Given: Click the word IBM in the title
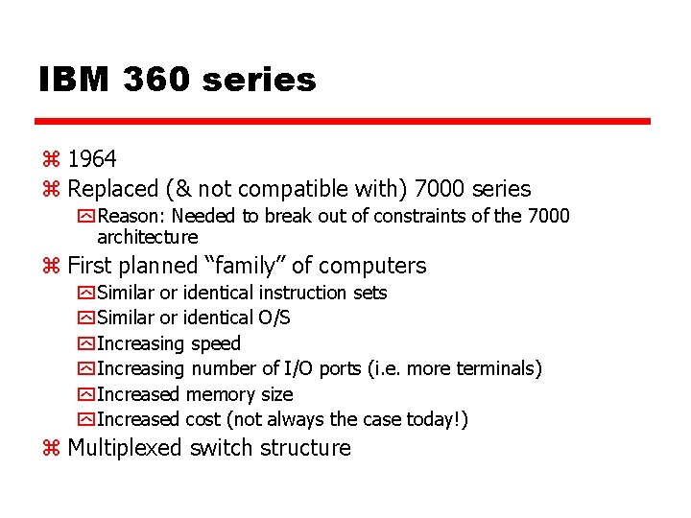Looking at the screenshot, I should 73,80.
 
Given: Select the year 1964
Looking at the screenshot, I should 92,158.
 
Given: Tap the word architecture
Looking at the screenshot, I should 148,237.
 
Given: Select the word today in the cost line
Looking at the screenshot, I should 433,419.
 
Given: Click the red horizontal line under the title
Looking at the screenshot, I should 343,122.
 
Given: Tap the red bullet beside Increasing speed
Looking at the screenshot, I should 85,343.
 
